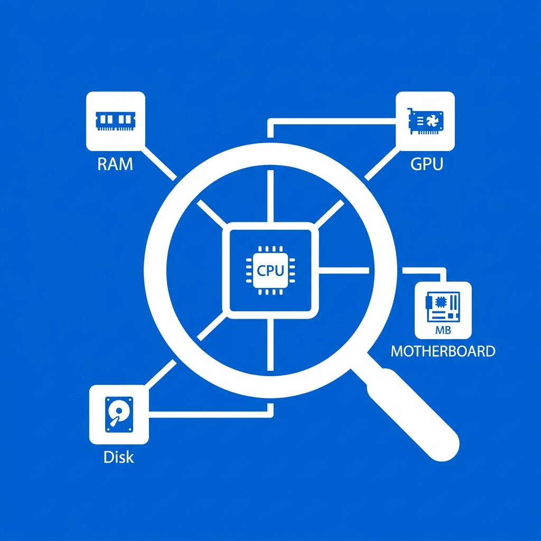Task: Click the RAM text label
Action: tap(115, 164)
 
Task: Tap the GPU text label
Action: tap(426, 164)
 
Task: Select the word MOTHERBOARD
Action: tap(443, 351)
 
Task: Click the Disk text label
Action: tap(118, 457)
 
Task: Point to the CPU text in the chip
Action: tap(270, 270)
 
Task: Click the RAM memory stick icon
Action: tap(115, 121)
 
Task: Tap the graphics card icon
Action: tap(425, 121)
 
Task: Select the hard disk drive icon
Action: tap(119, 414)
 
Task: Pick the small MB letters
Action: tap(443, 330)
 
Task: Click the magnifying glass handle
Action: tap(413, 415)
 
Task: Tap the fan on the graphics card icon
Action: tap(432, 121)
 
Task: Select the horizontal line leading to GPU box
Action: tap(332, 122)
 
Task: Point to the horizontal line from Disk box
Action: tap(208, 414)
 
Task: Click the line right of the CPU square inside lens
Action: tap(343, 270)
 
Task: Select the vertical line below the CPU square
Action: tap(270, 344)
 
